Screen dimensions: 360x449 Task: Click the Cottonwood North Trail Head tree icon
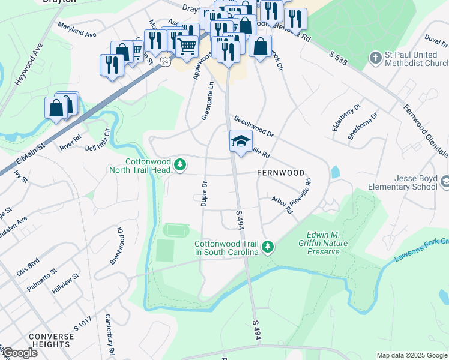point(179,164)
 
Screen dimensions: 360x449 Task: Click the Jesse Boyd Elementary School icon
point(445,181)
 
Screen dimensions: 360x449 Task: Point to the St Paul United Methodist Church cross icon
point(375,58)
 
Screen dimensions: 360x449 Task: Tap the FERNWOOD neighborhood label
point(280,172)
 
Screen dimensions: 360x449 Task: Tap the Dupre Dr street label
point(204,194)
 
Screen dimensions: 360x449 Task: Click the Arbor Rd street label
point(282,205)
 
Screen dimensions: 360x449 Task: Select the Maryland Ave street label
point(77,30)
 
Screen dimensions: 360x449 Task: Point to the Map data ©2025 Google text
point(411,355)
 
